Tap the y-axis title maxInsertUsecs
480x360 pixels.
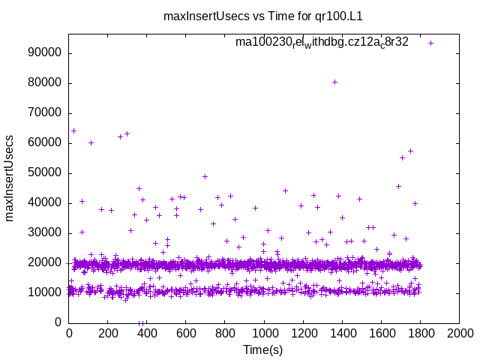click(10, 178)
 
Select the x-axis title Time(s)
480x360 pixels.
click(263, 349)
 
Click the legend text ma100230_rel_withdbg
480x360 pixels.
click(322, 42)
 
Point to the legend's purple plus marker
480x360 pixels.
click(430, 43)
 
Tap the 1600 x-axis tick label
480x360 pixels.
click(382, 334)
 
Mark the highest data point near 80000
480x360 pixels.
click(334, 82)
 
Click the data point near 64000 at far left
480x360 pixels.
click(73, 130)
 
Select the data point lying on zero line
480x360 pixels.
click(140, 322)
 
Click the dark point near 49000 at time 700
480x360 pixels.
click(205, 176)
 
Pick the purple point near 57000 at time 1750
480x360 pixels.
click(410, 151)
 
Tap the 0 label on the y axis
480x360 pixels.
click(58, 322)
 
